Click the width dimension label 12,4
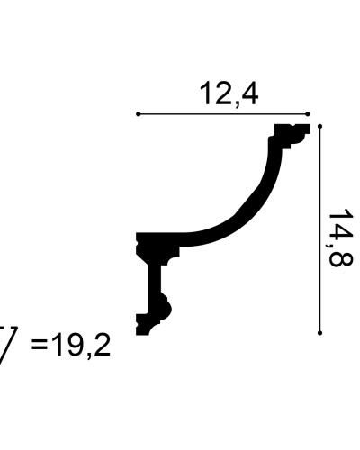pos(229,94)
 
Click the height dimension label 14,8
pos(340,238)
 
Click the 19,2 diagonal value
pos(80,346)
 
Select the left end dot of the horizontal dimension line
pos(138,114)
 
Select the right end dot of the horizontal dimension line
pos(308,114)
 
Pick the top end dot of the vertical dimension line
pos(320,126)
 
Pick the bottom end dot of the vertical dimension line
pos(320,333)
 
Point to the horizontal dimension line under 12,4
pos(223,114)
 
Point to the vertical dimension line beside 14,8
pos(320,229)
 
